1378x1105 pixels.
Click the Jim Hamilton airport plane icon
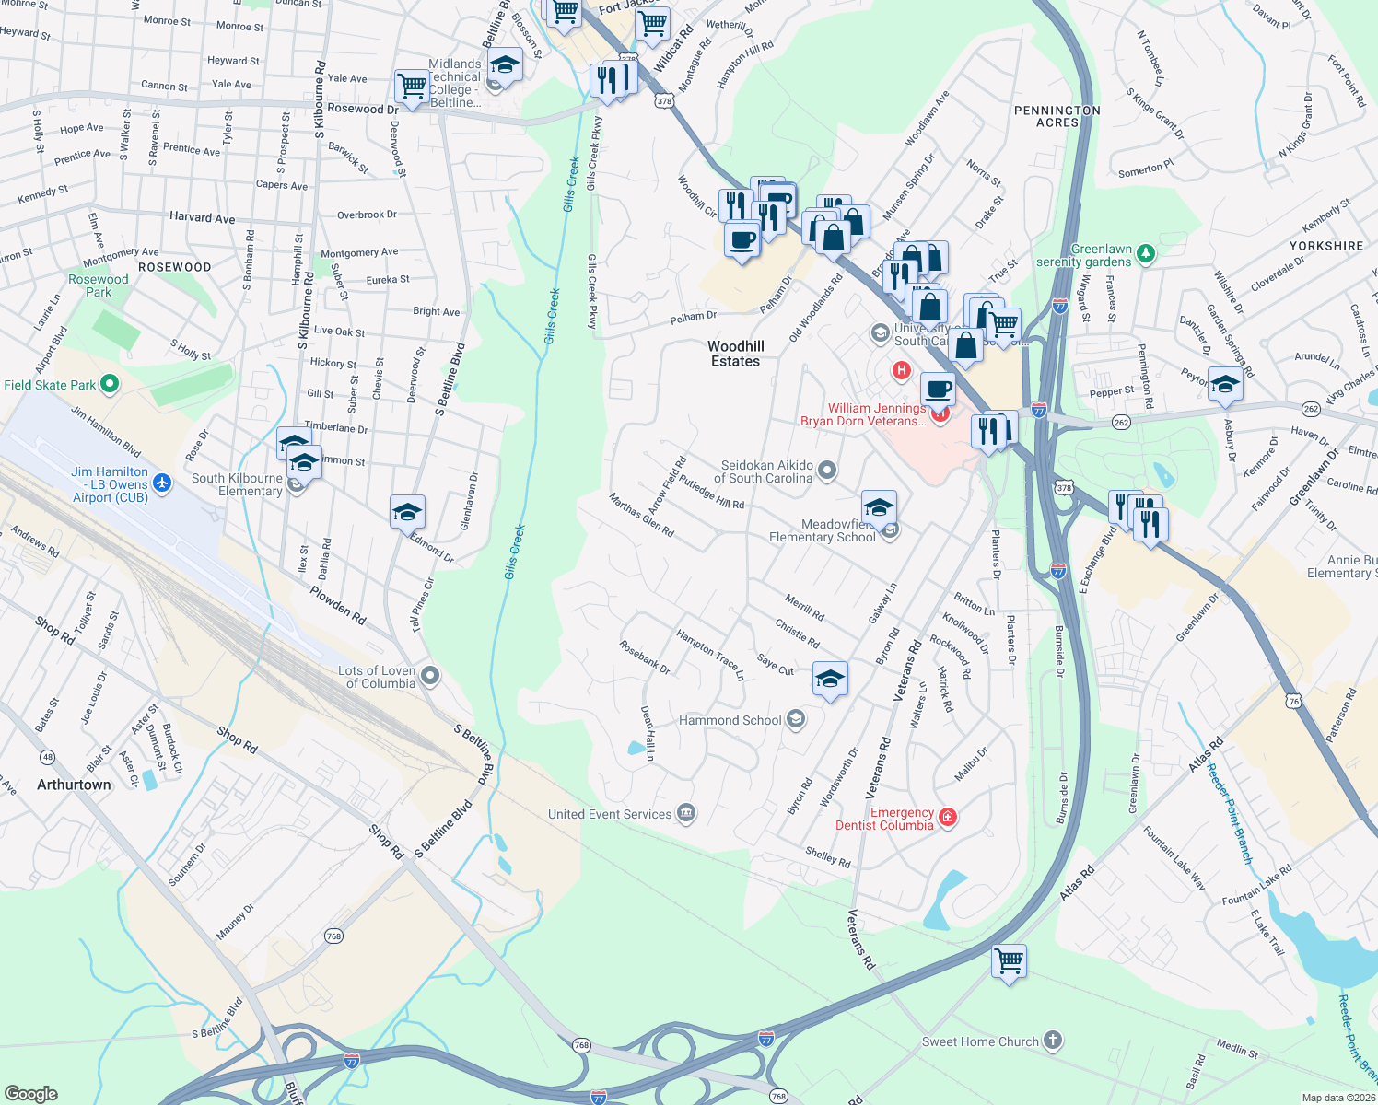point(162,483)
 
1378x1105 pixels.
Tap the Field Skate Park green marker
point(110,384)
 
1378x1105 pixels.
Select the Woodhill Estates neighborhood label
point(735,354)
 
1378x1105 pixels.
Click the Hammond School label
point(730,720)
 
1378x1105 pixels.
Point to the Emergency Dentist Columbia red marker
point(947,817)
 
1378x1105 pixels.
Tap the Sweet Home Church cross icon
point(1053,1041)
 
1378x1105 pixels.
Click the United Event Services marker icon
point(685,813)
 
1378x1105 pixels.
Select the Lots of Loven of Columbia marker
point(428,677)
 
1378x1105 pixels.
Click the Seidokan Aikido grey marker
point(827,471)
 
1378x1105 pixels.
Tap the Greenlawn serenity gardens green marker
point(1145,251)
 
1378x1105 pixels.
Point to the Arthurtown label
point(74,785)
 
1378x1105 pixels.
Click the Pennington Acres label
point(1057,116)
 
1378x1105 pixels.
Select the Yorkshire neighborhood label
point(1325,246)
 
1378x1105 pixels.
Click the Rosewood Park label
point(99,285)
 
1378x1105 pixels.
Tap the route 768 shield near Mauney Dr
point(333,936)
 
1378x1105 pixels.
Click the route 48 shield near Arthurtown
point(47,757)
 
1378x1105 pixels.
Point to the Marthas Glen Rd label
point(641,515)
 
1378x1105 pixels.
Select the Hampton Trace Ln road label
point(709,655)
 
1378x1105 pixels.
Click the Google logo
point(31,1093)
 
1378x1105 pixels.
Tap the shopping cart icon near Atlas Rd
point(1009,960)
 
